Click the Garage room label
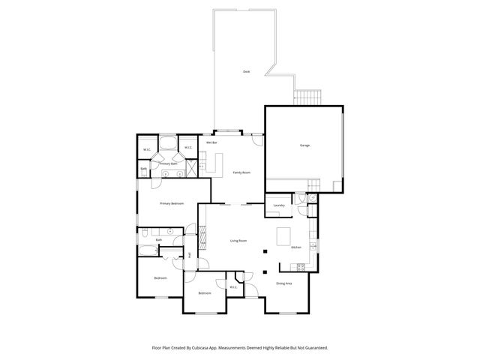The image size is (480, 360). [x=304, y=145]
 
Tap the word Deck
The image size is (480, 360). [x=246, y=71]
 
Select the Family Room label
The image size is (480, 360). [x=241, y=172]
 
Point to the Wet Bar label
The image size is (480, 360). [x=211, y=142]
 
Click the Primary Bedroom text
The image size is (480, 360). [x=172, y=203]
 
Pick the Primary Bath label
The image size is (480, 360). [x=168, y=163]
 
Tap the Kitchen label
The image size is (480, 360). [x=295, y=247]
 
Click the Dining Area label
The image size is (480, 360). [x=284, y=283]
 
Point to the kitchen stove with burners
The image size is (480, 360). [x=300, y=267]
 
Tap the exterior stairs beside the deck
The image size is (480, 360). [x=306, y=97]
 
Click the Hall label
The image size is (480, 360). [x=189, y=256]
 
